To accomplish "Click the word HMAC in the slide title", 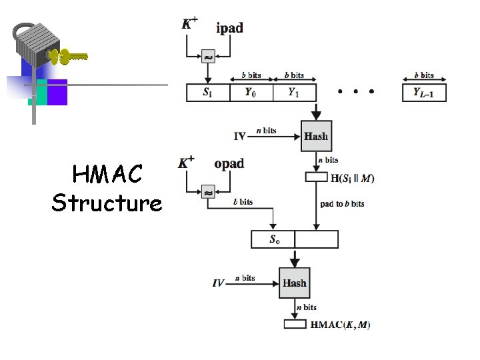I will [x=107, y=175].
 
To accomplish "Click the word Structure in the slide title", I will [x=107, y=203].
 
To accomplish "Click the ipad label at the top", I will [x=229, y=28].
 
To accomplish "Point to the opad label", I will [x=229, y=164].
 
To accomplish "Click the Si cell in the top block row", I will [x=208, y=93].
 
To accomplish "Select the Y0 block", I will [x=250, y=93].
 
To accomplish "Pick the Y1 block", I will [x=293, y=93].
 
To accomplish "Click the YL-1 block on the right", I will [x=424, y=93].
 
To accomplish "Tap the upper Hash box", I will [x=316, y=136].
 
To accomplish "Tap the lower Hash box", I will [x=294, y=283].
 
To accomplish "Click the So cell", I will [x=273, y=239].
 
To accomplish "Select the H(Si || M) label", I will [x=352, y=178].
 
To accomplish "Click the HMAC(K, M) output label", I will [x=340, y=325].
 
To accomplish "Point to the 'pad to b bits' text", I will [x=342, y=204].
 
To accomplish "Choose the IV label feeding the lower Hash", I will [x=219, y=283].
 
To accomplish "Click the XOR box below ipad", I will [x=207, y=59].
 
